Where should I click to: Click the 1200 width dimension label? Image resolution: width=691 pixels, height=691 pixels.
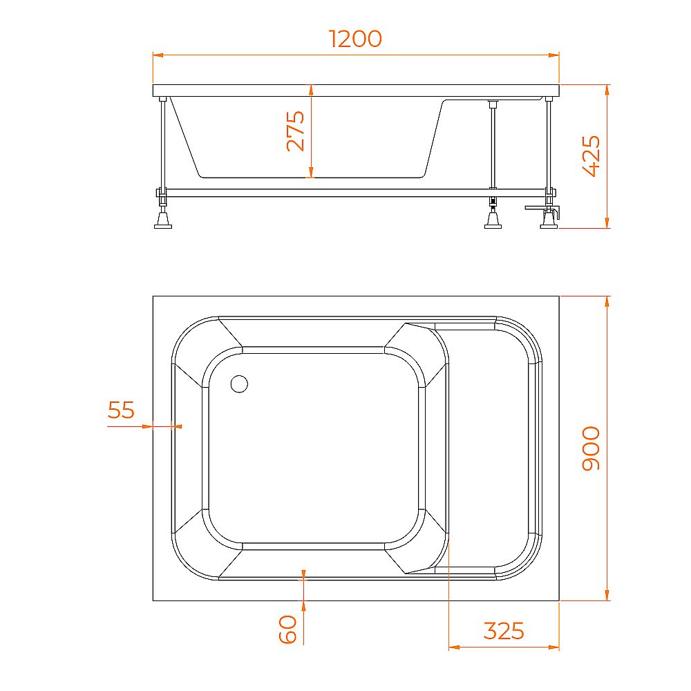coord(356,39)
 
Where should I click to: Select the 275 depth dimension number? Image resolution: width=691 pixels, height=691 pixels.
coord(296,131)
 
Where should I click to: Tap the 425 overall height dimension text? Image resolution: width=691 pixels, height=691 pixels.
coord(591,156)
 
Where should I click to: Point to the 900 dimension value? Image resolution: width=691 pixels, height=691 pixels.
coord(591,448)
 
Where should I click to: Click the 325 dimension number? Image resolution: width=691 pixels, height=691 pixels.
coord(504,631)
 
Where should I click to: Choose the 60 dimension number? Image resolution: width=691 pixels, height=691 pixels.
coord(288,630)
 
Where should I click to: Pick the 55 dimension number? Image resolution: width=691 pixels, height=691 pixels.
coord(121,410)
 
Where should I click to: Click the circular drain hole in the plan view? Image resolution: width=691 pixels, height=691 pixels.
coord(239,384)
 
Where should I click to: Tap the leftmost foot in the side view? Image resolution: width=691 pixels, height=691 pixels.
coord(163,220)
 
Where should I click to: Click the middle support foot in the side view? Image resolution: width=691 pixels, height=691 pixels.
coord(493,220)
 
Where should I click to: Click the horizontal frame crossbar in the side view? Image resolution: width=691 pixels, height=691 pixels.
coord(345,193)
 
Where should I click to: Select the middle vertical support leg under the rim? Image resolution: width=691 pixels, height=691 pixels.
coord(493,145)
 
